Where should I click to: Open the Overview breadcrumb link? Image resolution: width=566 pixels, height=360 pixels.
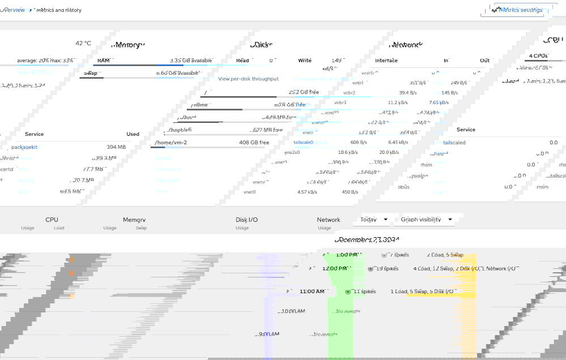12,10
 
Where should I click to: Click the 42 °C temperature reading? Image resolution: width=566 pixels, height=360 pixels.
83,44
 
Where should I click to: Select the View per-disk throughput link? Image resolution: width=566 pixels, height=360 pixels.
248,79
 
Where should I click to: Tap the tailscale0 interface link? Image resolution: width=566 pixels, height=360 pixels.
303,143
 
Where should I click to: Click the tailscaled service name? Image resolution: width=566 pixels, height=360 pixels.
454,143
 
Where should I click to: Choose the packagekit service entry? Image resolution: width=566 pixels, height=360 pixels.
24,147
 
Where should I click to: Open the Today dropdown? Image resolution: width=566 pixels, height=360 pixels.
375,220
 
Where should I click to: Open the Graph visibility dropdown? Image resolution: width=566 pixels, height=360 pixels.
427,220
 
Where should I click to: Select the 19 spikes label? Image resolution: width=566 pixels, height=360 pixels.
387,269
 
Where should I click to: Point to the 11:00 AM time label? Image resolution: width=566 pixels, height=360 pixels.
312,292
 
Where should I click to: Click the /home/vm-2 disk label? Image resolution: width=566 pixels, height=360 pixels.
170,143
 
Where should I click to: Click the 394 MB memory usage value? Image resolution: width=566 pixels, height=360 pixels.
116,147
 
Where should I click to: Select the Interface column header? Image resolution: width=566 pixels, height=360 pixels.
386,61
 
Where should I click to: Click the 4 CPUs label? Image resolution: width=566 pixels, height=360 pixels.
538,56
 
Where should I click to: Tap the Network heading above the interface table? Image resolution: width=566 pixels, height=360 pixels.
406,45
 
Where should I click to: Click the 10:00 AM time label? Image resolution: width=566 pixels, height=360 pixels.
293,311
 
